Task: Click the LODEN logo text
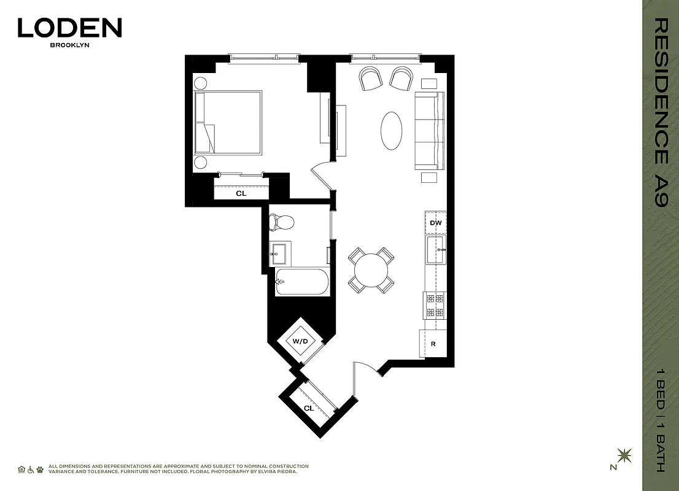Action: pos(69,28)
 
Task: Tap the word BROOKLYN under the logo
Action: pos(69,45)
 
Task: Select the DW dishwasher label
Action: pos(436,223)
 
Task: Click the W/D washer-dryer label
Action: pos(300,341)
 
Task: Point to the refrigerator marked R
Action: pos(433,344)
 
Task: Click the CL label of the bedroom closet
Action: pos(241,193)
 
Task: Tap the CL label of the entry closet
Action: pos(309,408)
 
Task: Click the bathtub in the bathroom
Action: pos(301,282)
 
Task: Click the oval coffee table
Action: pos(392,130)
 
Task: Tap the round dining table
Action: pos(371,270)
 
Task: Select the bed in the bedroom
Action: pos(228,123)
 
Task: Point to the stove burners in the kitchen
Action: pos(435,305)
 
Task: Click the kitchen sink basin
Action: pos(437,250)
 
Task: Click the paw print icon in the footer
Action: pos(40,470)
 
